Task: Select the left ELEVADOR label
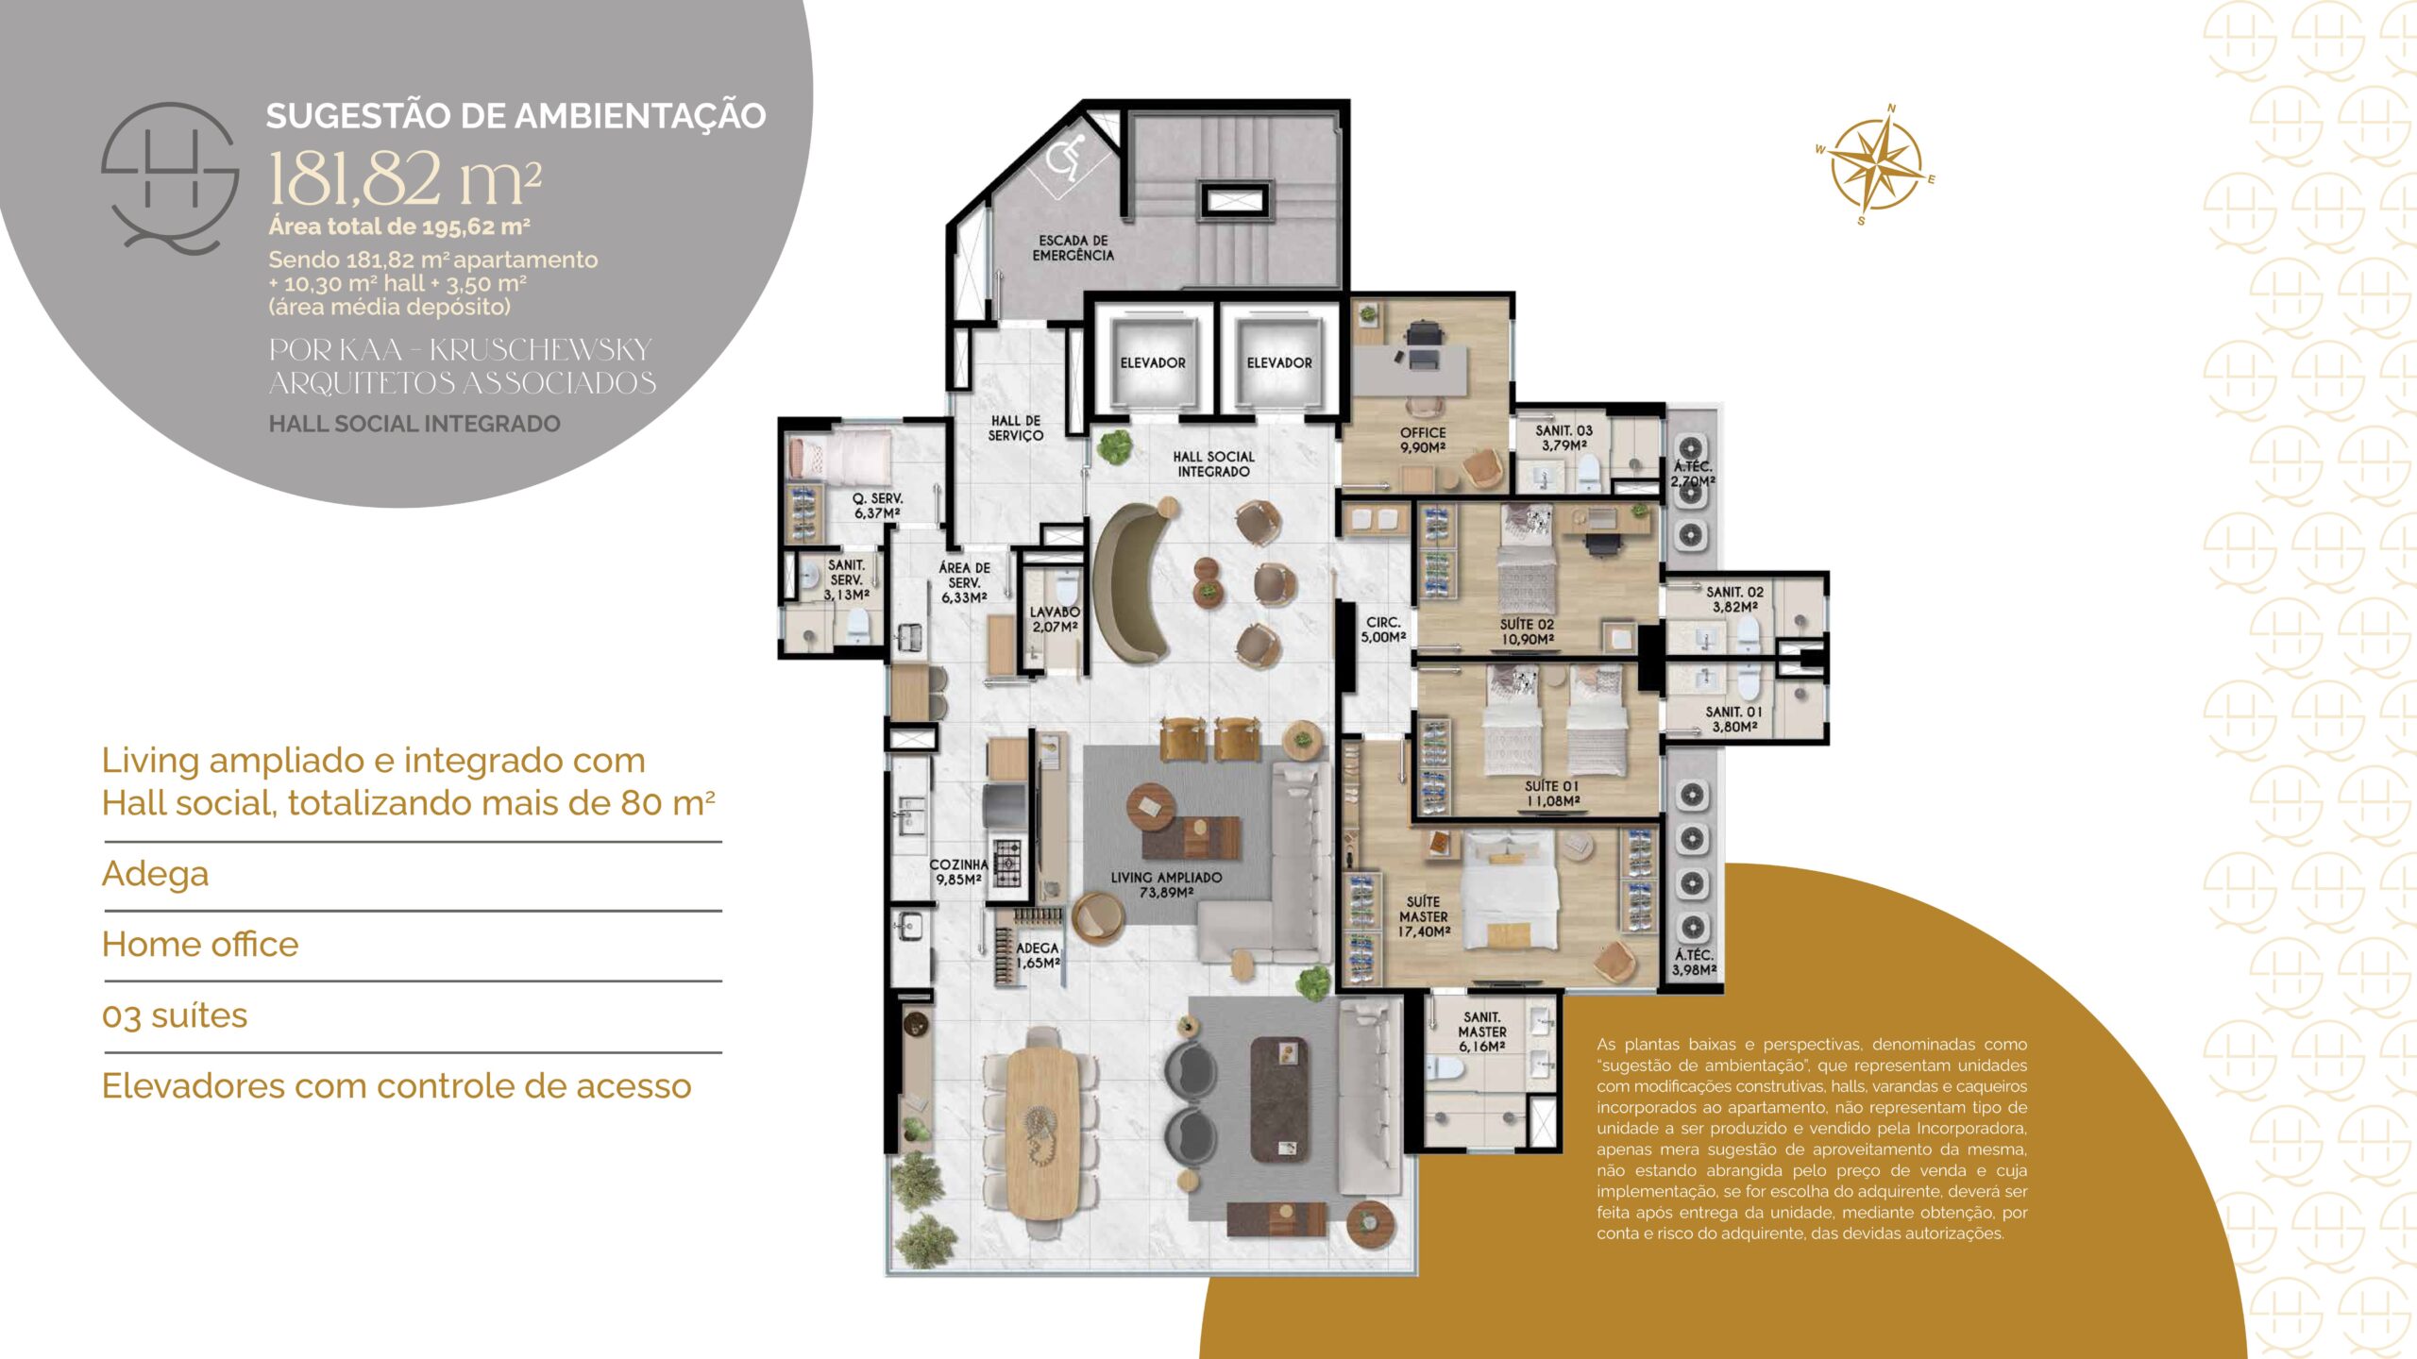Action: [1152, 362]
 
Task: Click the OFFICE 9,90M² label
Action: [1423, 440]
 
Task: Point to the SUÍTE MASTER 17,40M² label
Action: [1424, 916]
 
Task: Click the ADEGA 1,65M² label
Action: [1038, 955]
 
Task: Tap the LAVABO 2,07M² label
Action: [1055, 619]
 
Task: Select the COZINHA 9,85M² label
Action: [958, 871]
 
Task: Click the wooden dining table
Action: [1042, 1132]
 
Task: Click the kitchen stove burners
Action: [1007, 862]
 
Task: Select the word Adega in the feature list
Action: [155, 874]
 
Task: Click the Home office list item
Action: [200, 944]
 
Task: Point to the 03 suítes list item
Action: [175, 1015]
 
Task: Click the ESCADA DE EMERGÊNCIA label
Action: [1073, 247]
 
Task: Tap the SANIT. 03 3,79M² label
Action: [1563, 438]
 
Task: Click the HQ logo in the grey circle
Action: [171, 177]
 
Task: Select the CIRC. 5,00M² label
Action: [1383, 629]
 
